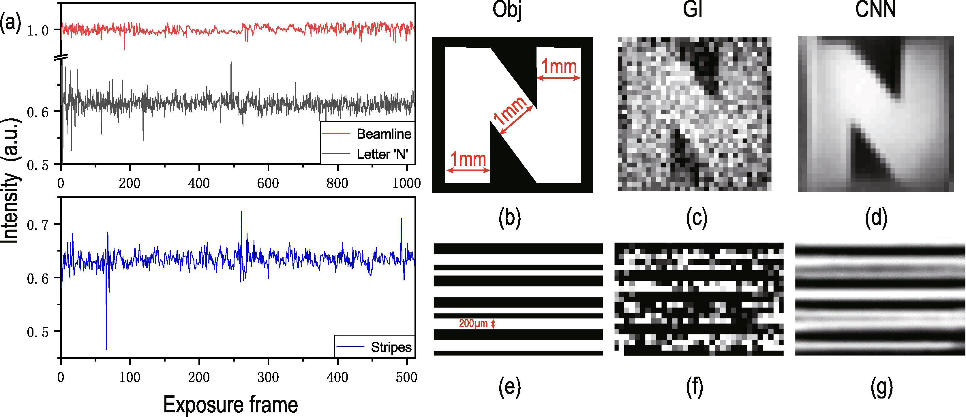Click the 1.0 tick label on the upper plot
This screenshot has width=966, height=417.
pos(38,30)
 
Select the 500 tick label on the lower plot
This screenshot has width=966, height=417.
pos(406,377)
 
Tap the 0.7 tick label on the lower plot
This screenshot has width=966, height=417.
pos(38,224)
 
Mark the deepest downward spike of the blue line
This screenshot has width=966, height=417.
pos(106,349)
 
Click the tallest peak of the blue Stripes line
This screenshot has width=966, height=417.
pos(241,212)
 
